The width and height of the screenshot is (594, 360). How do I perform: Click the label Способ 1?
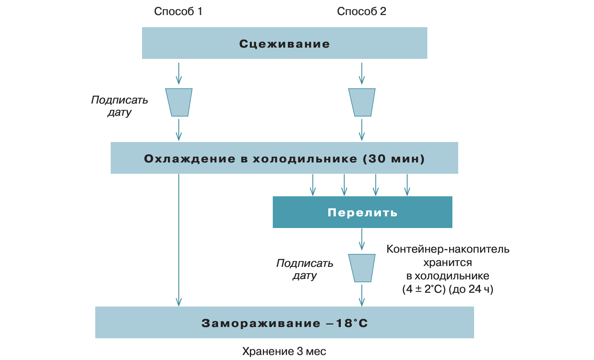pyautogui.click(x=178, y=11)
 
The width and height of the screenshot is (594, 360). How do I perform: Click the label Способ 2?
pyautogui.click(x=361, y=11)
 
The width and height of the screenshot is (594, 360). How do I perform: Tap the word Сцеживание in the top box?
pyautogui.click(x=284, y=44)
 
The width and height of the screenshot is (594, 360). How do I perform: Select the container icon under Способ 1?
pyautogui.click(x=179, y=102)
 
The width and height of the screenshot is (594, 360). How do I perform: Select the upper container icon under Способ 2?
pyautogui.click(x=362, y=102)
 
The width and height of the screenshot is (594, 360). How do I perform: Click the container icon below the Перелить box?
pyautogui.click(x=362, y=268)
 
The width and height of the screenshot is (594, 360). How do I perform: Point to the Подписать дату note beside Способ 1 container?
pyautogui.click(x=119, y=106)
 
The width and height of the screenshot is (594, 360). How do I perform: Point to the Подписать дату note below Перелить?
pyautogui.click(x=305, y=269)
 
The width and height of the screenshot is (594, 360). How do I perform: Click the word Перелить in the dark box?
pyautogui.click(x=362, y=213)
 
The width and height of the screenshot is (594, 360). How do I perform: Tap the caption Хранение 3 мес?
pyautogui.click(x=284, y=351)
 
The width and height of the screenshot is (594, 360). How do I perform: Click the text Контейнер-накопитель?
pyautogui.click(x=448, y=249)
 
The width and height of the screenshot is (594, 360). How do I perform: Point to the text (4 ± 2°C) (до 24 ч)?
pyautogui.click(x=448, y=289)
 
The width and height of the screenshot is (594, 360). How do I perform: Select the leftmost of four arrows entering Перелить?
pyautogui.click(x=312, y=185)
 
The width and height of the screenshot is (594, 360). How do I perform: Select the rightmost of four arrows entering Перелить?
pyautogui.click(x=407, y=185)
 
